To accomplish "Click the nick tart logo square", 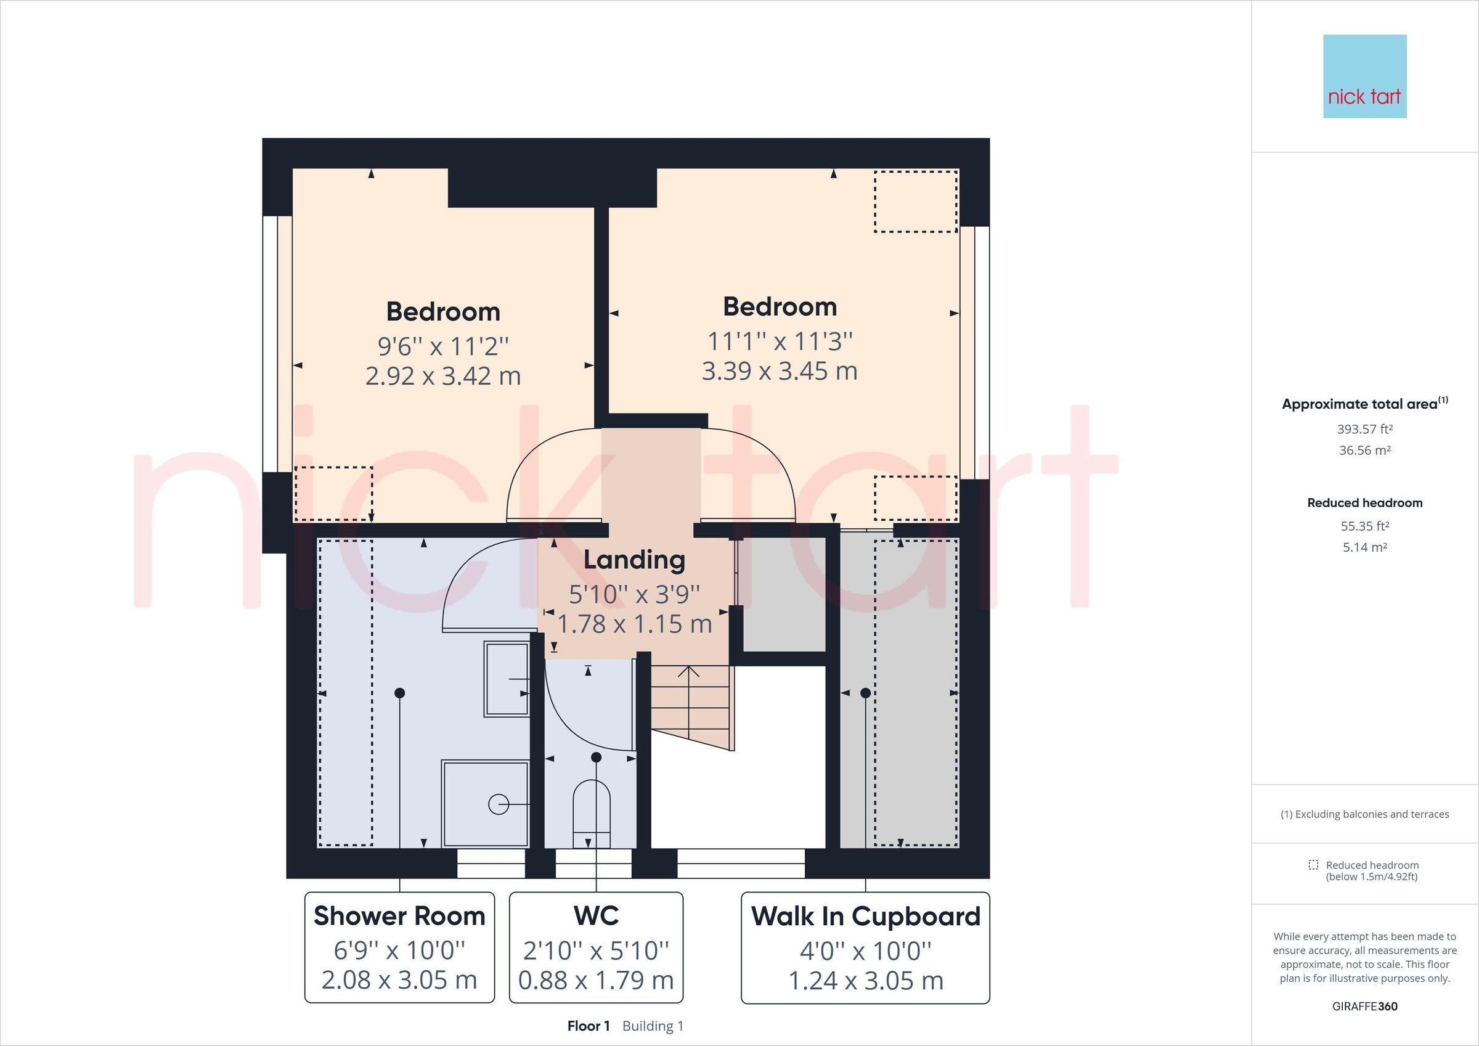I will tap(1364, 76).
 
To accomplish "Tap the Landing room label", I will tap(634, 560).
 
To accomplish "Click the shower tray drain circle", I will tap(498, 804).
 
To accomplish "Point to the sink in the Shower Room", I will tap(507, 679).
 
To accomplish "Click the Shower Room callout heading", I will tap(399, 916).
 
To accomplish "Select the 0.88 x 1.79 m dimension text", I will tap(596, 980).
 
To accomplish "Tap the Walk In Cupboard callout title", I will tap(865, 916).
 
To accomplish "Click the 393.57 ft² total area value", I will tap(1364, 429).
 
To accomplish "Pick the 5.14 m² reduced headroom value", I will tap(1364, 547).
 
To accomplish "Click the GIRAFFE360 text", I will tap(1364, 1006).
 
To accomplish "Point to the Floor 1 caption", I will tap(588, 1026).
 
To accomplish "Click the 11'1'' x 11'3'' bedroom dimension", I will tap(780, 341).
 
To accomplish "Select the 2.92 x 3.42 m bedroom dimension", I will tap(443, 376).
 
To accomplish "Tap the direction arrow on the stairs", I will tap(689, 673).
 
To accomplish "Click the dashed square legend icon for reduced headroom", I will tap(1313, 865).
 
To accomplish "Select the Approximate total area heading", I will tap(1364, 404).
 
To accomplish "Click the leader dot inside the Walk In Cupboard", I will tap(865, 693).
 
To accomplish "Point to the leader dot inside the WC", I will tap(596, 758).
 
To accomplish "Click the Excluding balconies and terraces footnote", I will tap(1364, 814).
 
